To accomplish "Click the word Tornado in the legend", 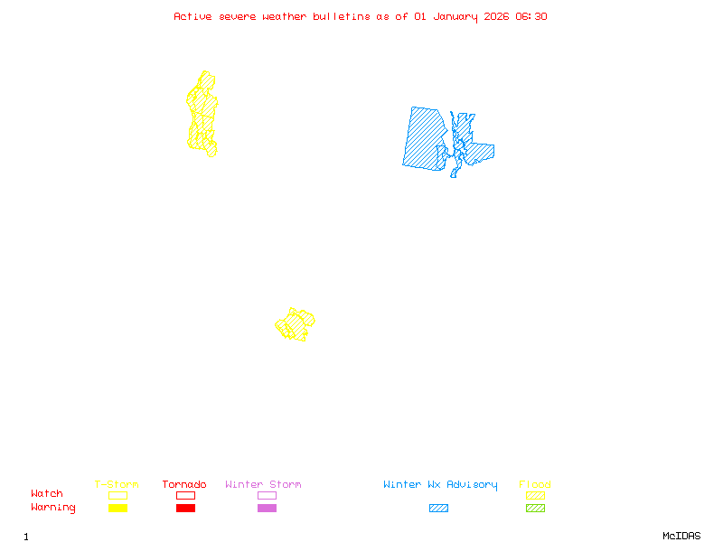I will click(184, 485).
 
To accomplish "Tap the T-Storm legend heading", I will click(117, 485).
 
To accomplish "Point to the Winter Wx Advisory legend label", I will click(440, 485).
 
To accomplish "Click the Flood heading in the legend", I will click(535, 485).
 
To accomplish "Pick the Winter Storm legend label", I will click(263, 485).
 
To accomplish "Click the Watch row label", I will click(47, 494).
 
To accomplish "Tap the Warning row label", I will click(53, 508).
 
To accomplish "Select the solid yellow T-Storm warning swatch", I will click(117, 508).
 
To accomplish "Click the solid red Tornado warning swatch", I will click(185, 508).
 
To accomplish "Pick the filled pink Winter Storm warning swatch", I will click(267, 508).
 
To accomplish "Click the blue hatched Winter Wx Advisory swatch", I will click(438, 508).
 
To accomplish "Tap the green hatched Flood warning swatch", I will click(535, 508).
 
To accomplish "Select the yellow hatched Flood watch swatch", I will click(535, 495).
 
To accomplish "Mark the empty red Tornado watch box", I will click(185, 495).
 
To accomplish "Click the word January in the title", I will click(454, 16).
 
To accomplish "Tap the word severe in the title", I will click(238, 16).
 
